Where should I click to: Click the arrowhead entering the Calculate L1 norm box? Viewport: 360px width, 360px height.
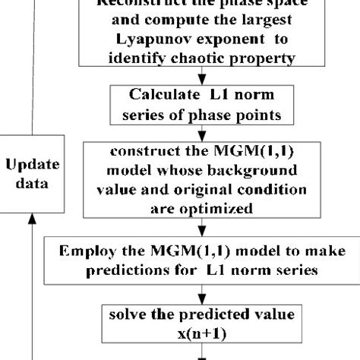[x=201, y=78]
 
